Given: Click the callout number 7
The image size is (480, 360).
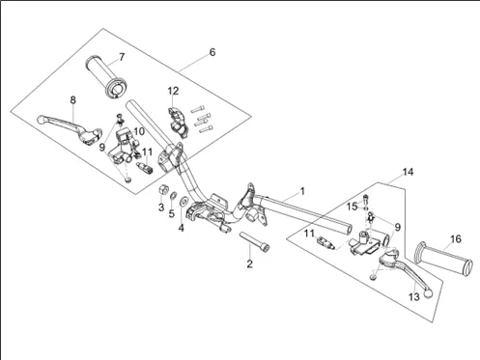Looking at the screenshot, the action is point(122,57).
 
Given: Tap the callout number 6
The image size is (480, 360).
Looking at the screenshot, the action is point(212,52).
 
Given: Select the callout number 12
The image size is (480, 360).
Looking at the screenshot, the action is point(173,91).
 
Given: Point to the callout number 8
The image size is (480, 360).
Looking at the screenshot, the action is point(73,100).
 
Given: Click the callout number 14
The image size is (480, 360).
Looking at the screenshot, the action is point(408,172).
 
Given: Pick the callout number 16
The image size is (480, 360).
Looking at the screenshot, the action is point(456,239).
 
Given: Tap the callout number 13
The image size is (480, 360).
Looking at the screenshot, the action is point(414,296).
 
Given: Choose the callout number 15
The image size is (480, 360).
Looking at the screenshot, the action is point(353,207).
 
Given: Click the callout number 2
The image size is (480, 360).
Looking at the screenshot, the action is point(249,264).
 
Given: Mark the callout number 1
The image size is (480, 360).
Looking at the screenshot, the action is point(302,191).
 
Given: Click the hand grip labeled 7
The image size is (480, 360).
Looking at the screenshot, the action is point(106,77).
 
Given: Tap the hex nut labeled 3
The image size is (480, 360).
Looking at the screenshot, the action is point(163,189).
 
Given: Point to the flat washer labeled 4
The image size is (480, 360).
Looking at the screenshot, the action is point(184,201).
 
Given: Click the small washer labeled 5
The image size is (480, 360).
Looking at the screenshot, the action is point(173,195).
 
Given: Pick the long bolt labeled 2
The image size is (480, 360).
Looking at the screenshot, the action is point(254,242).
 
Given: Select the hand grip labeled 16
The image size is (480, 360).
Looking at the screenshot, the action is point(444,259).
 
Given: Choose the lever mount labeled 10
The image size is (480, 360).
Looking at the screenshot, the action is point(124,147).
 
